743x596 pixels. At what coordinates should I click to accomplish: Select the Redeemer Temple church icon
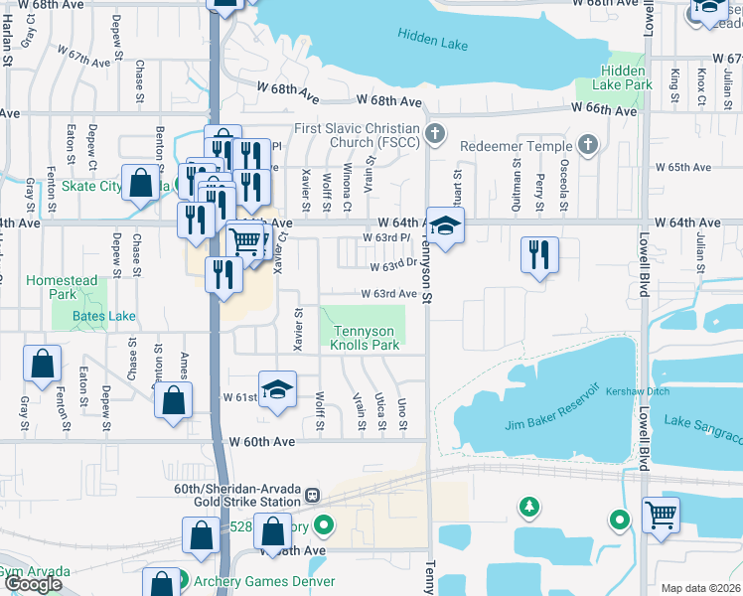pyautogui.click(x=587, y=145)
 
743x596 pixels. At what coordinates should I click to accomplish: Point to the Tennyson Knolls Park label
pyautogui.click(x=365, y=338)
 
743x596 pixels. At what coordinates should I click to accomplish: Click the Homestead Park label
pyautogui.click(x=62, y=288)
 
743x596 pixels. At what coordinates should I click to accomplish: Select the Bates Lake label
pyautogui.click(x=103, y=317)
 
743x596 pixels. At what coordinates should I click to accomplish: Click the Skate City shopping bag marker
pyautogui.click(x=141, y=182)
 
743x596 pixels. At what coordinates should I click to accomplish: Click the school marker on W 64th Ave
pyautogui.click(x=446, y=226)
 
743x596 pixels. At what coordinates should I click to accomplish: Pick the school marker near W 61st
pyautogui.click(x=278, y=388)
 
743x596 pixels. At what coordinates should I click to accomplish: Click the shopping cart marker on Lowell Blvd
pyautogui.click(x=661, y=514)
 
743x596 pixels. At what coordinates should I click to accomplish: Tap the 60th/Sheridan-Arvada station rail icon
pyautogui.click(x=312, y=495)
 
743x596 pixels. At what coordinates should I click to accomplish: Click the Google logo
pyautogui.click(x=33, y=583)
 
